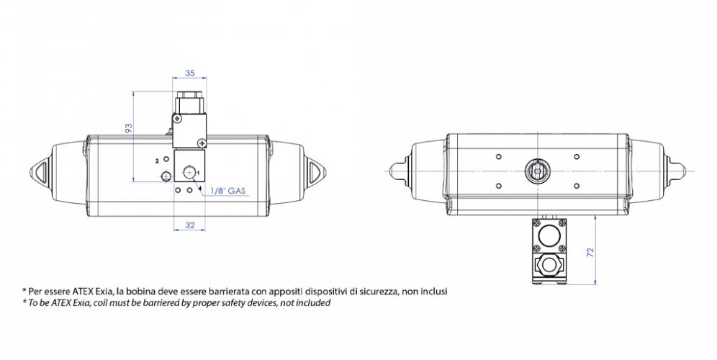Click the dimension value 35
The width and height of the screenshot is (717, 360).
point(190,73)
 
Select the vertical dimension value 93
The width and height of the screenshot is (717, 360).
point(128,128)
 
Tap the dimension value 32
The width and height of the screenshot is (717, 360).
point(190,225)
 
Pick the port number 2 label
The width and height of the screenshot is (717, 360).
point(157,161)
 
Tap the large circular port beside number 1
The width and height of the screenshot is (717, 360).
point(190,172)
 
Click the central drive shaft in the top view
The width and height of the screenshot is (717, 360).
point(536,171)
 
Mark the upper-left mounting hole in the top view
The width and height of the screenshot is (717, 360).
point(498,156)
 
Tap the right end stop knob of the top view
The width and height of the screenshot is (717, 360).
point(680,171)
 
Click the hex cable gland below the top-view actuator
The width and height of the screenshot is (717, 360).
point(550,264)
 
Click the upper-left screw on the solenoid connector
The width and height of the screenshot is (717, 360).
point(177,117)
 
